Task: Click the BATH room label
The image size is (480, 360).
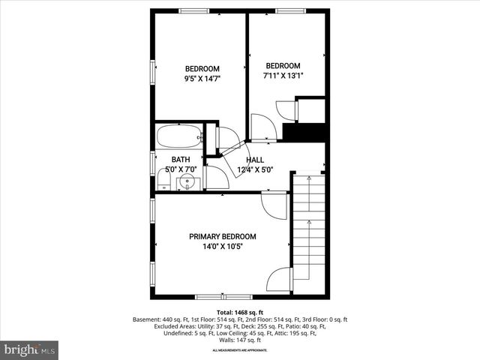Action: [x=180, y=160]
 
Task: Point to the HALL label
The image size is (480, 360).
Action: [x=255, y=160]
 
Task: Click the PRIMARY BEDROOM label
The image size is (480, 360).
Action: [x=222, y=236]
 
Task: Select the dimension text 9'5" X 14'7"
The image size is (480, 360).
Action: [x=202, y=78]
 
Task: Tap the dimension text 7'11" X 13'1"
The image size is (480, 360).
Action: [x=283, y=76]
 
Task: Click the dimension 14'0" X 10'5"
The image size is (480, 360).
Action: [x=222, y=246]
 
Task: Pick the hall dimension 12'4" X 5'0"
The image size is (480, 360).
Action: [x=255, y=169]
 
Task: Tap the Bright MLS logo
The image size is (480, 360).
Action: [x=30, y=349]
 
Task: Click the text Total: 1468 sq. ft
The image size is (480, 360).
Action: [x=240, y=311]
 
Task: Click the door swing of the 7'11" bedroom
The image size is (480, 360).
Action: [x=262, y=127]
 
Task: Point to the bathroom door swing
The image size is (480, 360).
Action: [x=217, y=178]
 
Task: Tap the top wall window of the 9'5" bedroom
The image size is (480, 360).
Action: [x=193, y=10]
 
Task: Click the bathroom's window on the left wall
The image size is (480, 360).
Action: [x=153, y=163]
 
